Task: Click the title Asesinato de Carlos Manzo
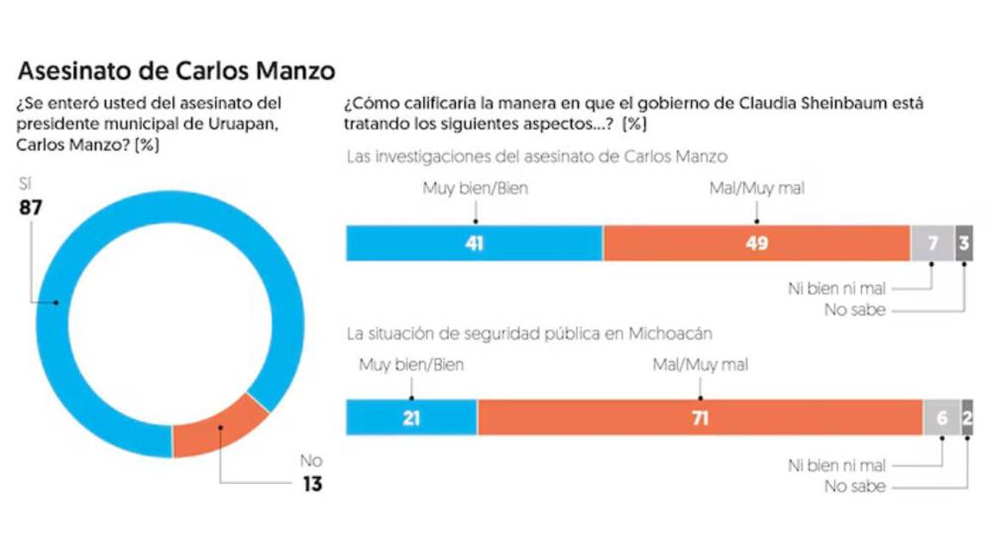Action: click(176, 70)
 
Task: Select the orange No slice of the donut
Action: click(219, 425)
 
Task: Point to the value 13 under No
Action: click(311, 485)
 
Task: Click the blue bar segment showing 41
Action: click(474, 244)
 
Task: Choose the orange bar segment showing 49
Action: click(756, 244)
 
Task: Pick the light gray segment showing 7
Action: click(933, 244)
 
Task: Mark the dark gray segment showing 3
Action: click(963, 244)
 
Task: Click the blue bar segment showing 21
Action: click(411, 419)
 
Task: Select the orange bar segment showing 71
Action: click(699, 419)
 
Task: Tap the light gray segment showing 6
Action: click(942, 419)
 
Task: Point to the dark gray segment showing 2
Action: click(968, 419)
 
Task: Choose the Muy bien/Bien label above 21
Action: click(411, 365)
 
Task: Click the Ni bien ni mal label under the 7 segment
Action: click(836, 289)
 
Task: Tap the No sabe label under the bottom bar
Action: click(854, 487)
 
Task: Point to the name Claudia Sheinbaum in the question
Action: click(803, 103)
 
